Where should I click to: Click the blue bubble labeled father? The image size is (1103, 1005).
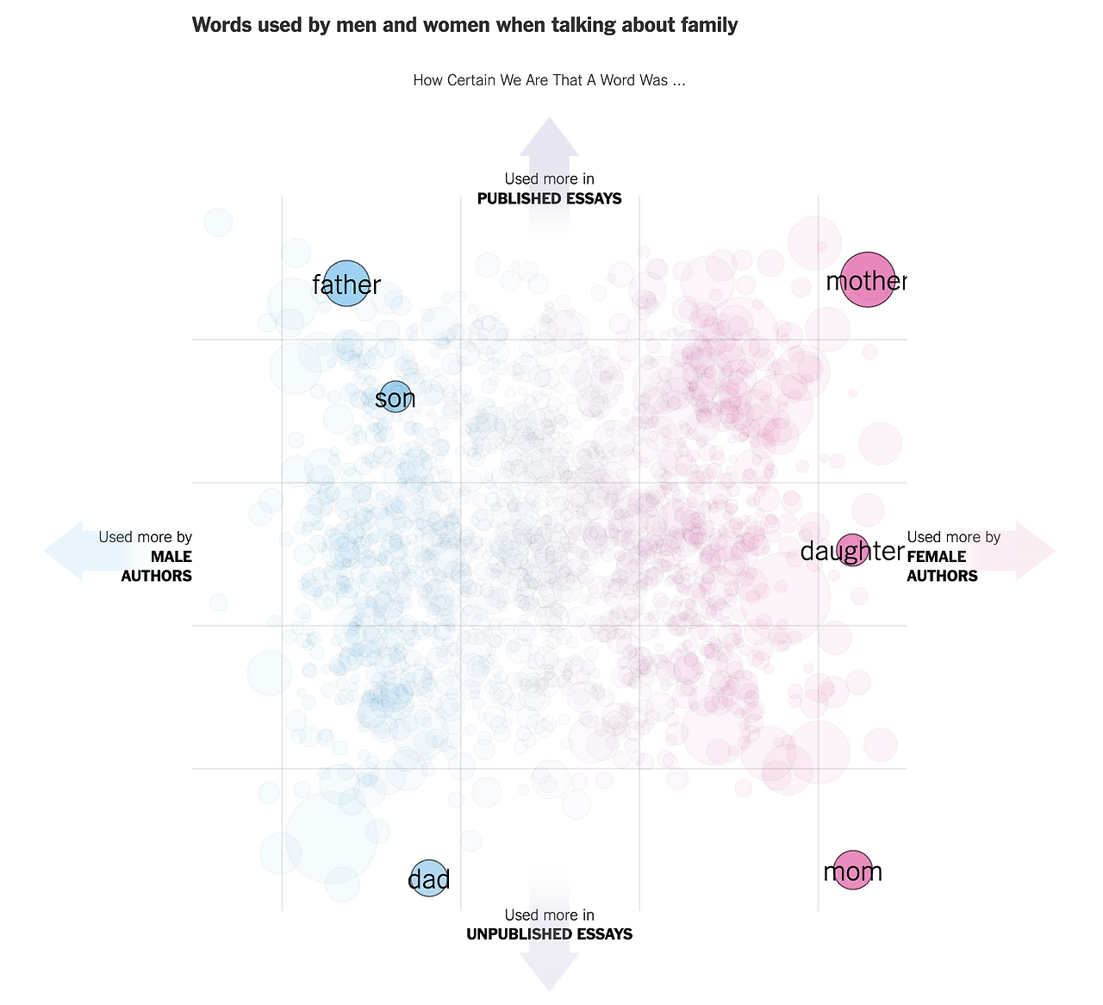tap(346, 284)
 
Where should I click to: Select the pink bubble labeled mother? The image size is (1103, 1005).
tap(868, 280)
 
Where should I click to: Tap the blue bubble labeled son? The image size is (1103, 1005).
tap(395, 397)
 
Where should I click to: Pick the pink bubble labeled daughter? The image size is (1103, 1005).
tap(852, 550)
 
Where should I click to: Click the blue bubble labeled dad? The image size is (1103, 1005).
tap(428, 878)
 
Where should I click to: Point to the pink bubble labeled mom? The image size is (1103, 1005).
tap(852, 871)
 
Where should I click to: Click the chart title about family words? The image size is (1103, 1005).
tap(464, 25)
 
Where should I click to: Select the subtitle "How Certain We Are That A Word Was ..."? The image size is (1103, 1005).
tap(549, 80)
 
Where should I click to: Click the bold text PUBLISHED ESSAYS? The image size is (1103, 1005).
tap(549, 199)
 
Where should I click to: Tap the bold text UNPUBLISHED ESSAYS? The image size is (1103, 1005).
tap(549, 934)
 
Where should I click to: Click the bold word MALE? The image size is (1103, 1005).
tap(171, 557)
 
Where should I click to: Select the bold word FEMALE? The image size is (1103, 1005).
tap(937, 557)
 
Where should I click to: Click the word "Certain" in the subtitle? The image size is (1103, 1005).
tap(471, 80)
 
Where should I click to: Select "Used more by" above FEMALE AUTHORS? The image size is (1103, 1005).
tap(953, 537)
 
